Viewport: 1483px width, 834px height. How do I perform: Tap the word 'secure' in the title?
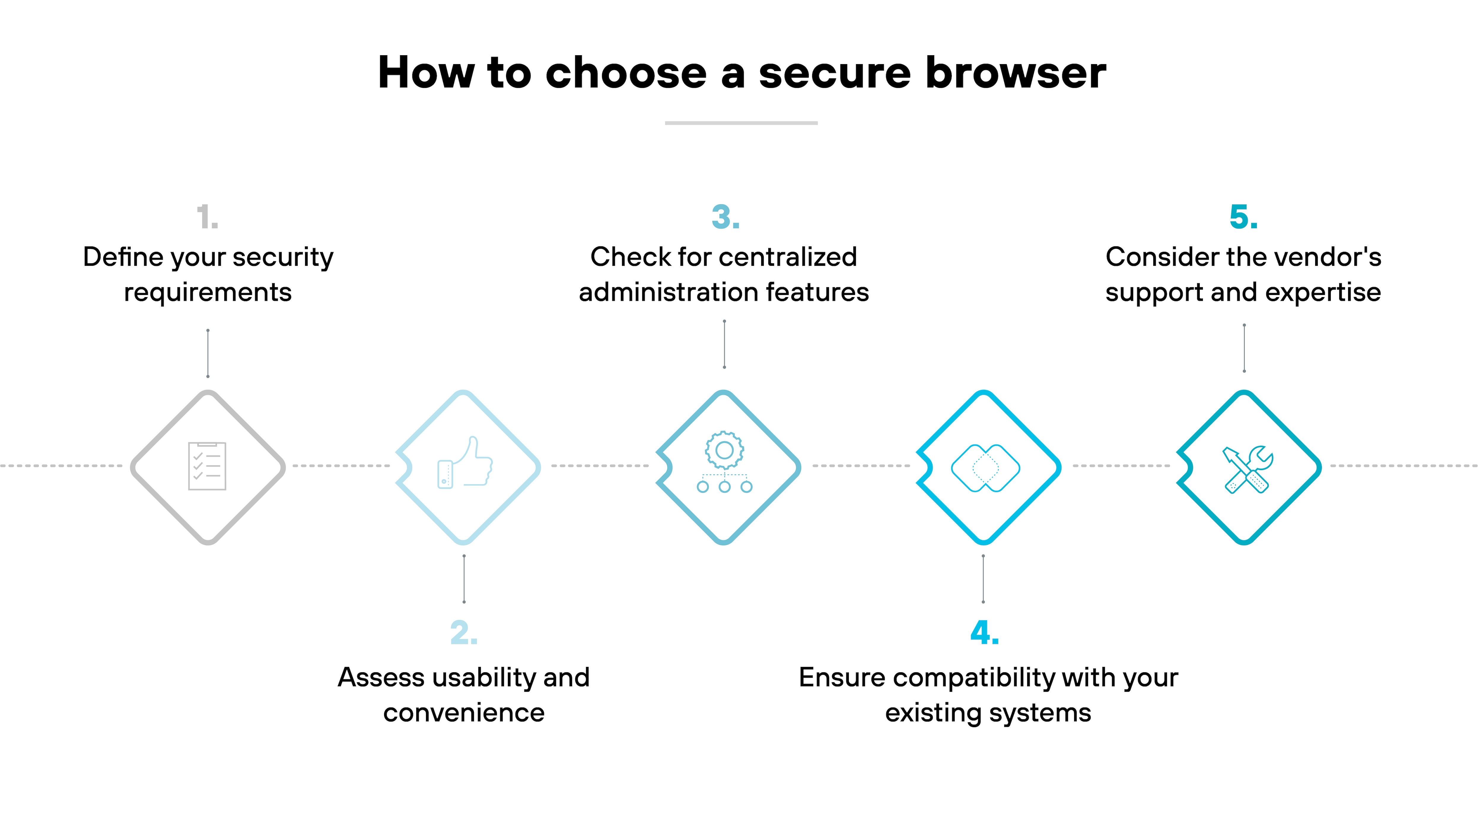835,73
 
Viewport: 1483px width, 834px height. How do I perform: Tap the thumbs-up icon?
465,463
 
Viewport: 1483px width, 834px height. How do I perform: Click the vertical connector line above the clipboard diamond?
208,353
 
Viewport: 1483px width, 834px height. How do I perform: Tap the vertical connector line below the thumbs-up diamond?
464,578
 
